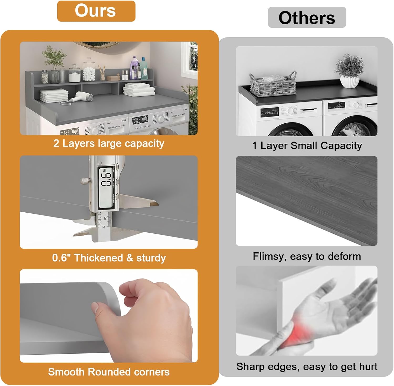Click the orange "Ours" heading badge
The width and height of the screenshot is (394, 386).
(x=96, y=11)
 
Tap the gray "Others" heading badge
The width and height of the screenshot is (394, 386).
(x=307, y=17)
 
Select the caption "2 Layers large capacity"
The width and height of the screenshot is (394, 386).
(x=109, y=144)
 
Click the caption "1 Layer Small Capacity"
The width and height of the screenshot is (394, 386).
(x=307, y=146)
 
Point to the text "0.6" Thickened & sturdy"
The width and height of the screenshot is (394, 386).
(x=109, y=258)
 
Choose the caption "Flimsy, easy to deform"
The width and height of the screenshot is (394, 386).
(x=307, y=256)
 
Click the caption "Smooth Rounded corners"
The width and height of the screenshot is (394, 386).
(x=109, y=372)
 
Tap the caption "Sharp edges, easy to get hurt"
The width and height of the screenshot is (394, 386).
(x=307, y=367)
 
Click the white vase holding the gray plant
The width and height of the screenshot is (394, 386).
(x=350, y=81)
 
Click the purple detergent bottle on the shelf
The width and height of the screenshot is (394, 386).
(x=135, y=67)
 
